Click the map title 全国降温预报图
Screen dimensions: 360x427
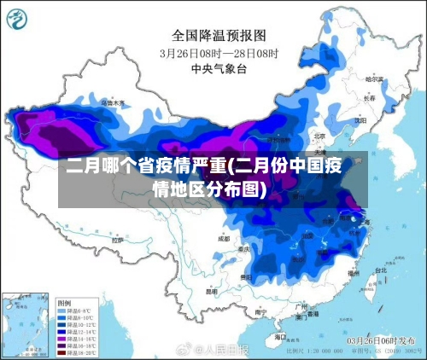point(219,36)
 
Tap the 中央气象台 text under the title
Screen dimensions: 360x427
point(219,67)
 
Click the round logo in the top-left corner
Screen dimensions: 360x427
point(18,18)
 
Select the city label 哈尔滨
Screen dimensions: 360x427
point(374,78)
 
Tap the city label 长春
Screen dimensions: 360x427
point(369,98)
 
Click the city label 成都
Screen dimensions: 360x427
point(224,239)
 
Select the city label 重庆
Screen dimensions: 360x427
point(245,249)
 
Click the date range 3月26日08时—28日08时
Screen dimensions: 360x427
point(219,53)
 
